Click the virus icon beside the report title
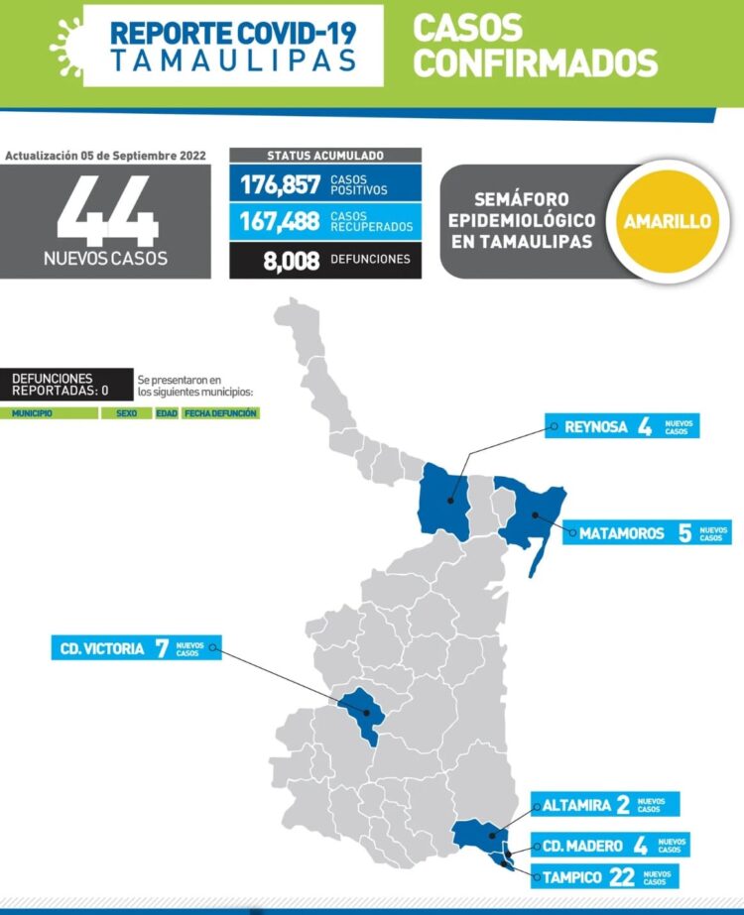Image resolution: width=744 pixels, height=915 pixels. pyautogui.click(x=65, y=45)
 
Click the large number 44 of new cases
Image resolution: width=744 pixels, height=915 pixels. pyautogui.click(x=107, y=210)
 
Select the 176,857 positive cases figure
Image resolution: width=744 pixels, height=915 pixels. pyautogui.click(x=279, y=184)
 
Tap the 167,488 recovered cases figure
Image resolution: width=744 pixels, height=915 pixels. pyautogui.click(x=279, y=221)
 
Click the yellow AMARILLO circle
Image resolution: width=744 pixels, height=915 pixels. pyautogui.click(x=667, y=221)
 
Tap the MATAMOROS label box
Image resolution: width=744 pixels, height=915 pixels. pyautogui.click(x=651, y=533)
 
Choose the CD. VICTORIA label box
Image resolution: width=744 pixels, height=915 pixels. pyautogui.click(x=136, y=650)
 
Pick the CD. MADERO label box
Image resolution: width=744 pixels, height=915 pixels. pyautogui.click(x=608, y=846)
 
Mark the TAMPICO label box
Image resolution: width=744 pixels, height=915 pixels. pyautogui.click(x=607, y=876)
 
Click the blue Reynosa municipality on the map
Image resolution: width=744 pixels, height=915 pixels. pyautogui.click(x=444, y=501)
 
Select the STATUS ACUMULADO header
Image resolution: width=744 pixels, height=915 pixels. pyautogui.click(x=325, y=156)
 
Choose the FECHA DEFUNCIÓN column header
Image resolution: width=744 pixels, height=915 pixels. pyautogui.click(x=220, y=412)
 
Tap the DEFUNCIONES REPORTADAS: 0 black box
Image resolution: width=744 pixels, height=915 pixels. pyautogui.click(x=67, y=384)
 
